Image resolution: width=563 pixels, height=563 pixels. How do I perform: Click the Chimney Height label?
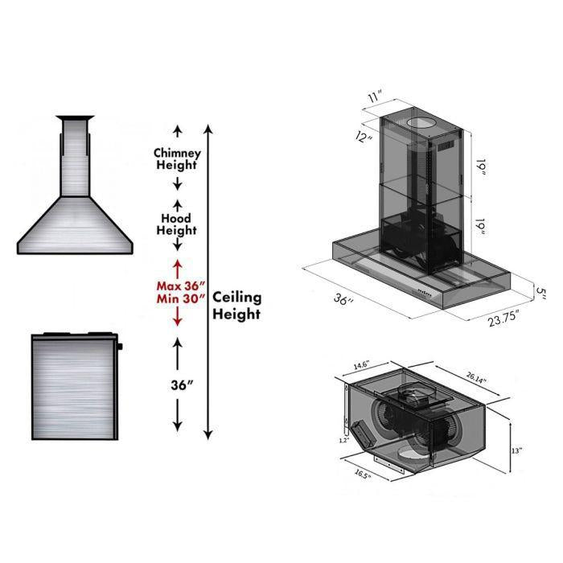(177, 159)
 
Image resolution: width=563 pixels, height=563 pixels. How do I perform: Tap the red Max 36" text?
(182, 285)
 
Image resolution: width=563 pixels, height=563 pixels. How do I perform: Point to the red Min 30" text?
(182, 298)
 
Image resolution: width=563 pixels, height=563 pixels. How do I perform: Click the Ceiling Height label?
(236, 306)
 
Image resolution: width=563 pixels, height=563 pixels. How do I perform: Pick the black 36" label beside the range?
(183, 384)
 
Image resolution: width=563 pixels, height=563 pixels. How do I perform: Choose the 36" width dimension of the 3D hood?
(343, 300)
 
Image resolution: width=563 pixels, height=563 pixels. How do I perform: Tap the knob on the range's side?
(120, 347)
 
